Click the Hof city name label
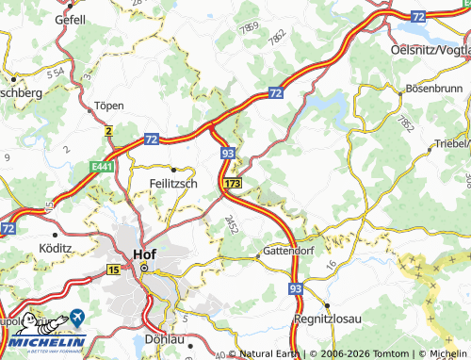pos(143,252)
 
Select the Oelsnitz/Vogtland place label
pos(430,50)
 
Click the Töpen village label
pos(110,106)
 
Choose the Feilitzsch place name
pos(173,184)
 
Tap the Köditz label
pos(57,248)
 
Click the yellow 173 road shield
pos(234,182)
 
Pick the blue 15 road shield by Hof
pos(114,270)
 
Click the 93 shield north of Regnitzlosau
pos(296,287)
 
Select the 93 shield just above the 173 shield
pos(228,151)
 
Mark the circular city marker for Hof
pos(144,269)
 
